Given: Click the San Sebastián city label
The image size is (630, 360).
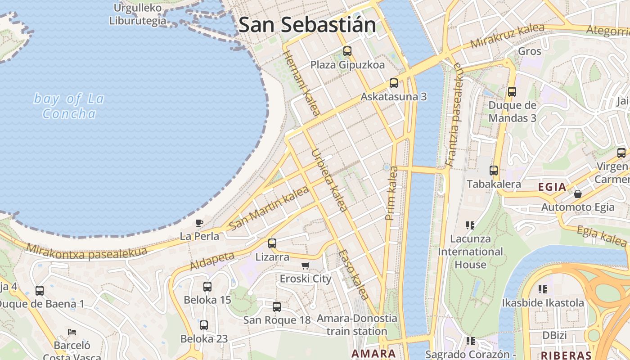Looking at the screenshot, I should (307, 24).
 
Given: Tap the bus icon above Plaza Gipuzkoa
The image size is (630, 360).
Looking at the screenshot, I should (347, 51).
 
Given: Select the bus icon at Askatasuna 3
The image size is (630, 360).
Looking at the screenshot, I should (393, 83).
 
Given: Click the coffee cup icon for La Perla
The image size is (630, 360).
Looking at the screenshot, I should (199, 222).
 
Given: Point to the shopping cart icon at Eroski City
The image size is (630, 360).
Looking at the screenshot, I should (306, 265).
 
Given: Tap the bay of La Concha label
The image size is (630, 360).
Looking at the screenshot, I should (69, 106).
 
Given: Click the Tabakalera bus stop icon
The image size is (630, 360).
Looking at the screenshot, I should (494, 171).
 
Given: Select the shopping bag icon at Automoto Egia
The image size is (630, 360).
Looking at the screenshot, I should (577, 194).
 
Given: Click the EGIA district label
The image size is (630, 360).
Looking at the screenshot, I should (552, 187).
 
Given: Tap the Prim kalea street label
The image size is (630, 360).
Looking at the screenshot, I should (391, 193).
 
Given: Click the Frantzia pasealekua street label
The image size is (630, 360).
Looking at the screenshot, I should (454, 115).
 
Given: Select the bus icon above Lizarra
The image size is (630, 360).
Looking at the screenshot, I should (272, 243).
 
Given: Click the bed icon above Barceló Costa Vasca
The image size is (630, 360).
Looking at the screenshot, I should (72, 332).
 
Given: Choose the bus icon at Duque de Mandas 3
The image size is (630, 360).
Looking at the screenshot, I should (512, 92).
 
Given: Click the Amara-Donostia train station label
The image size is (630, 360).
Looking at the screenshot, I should (357, 324).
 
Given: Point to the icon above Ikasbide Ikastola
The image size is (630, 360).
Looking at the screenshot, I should (543, 289).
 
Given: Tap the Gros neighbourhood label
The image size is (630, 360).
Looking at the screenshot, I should (530, 51).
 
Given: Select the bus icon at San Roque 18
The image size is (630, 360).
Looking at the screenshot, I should (276, 307).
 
